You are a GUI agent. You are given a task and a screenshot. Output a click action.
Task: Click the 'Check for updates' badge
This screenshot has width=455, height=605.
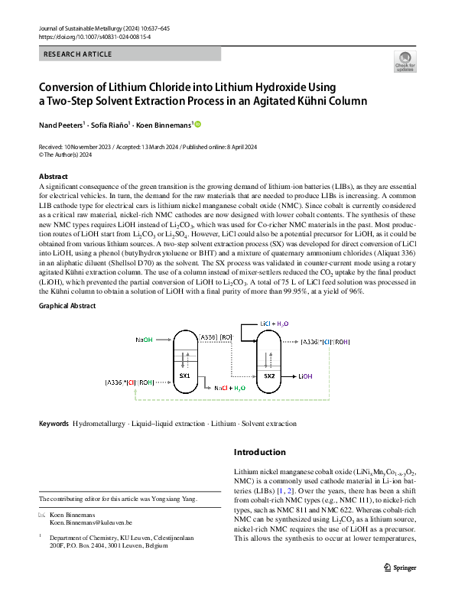tap(405, 60)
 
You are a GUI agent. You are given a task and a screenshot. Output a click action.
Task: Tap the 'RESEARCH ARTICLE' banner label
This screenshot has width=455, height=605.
tap(78, 54)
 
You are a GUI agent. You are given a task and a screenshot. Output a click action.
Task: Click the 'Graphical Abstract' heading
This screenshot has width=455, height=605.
tap(67, 306)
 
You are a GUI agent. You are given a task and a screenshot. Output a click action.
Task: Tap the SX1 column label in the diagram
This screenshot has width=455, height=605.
tap(184, 376)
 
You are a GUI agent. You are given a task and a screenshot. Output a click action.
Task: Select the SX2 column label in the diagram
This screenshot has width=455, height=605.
tap(269, 376)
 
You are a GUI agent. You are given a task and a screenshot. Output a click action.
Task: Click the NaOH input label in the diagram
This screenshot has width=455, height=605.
tap(145, 339)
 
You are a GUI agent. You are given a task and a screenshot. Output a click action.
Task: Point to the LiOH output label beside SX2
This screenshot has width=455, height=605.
tap(305, 376)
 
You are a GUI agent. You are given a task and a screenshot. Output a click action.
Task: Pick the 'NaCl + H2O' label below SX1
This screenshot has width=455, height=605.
tap(230, 389)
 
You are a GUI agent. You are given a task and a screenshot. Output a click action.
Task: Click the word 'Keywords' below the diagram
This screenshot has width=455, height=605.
tap(54, 424)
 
